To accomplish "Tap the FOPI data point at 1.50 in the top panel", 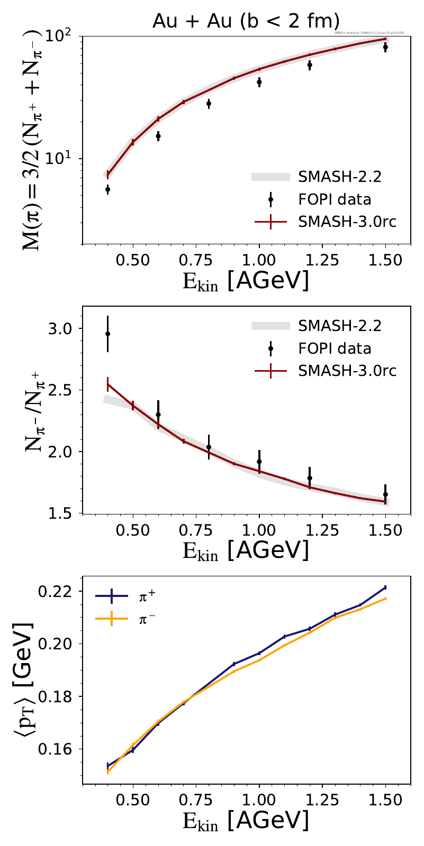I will click(385, 47).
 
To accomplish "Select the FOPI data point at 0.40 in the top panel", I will click(108, 189).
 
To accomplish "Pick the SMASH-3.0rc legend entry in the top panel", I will click(347, 222).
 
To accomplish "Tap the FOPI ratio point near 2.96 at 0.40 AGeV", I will click(108, 334).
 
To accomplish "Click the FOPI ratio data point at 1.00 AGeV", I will click(259, 462).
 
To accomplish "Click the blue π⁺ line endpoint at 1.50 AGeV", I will click(385, 587).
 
